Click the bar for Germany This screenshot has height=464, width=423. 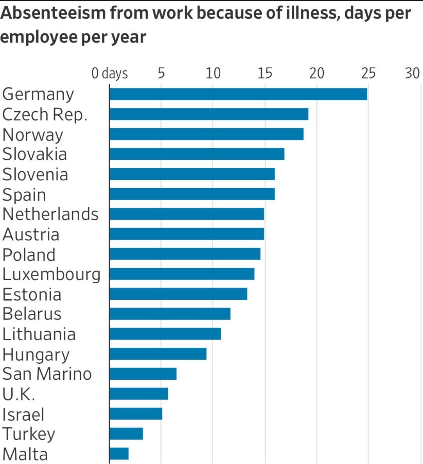point(238,94)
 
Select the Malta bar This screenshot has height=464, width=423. point(119,453)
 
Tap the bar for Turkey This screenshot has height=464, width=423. point(126,434)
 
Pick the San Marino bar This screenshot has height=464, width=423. point(143,373)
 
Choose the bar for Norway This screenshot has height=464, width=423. point(206,134)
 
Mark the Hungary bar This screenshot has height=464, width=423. point(158,354)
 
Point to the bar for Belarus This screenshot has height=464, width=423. point(170,314)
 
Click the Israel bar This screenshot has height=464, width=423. point(136,414)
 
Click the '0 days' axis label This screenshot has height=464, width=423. point(110,73)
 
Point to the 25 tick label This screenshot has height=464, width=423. point(368,73)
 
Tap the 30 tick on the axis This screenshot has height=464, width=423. point(412,73)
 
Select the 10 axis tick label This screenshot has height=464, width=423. point(213,73)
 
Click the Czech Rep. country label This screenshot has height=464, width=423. point(45,114)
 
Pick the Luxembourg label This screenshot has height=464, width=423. point(51,274)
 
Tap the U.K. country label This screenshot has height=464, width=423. point(19,394)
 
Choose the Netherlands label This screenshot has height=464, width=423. point(50,214)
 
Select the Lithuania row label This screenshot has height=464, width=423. point(39,334)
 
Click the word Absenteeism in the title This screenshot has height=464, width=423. point(53,13)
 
